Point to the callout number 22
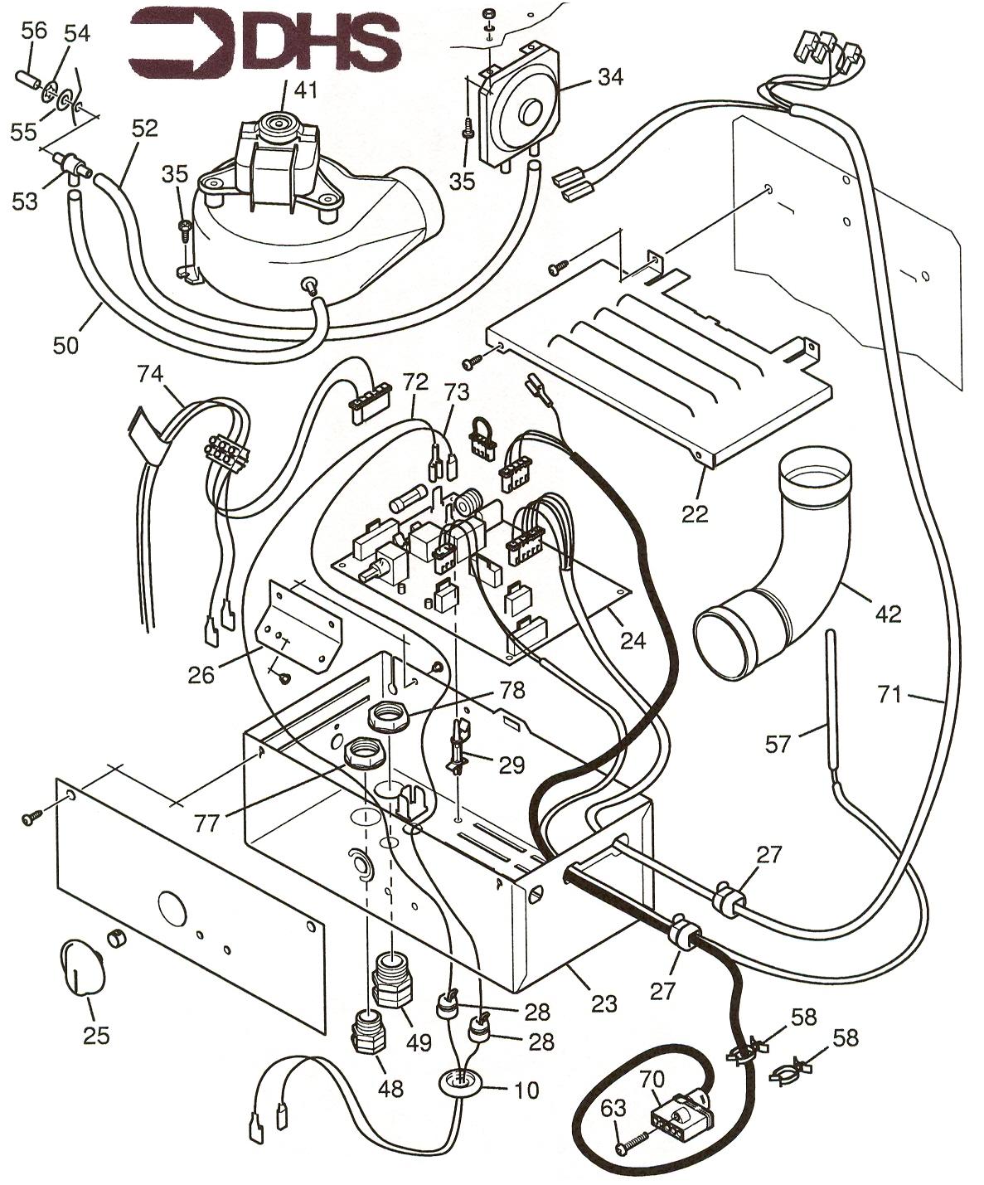coord(695,514)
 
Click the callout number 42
coord(887,614)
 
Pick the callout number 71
coord(889,695)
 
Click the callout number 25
coord(96,1036)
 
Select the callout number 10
coord(527,1089)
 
